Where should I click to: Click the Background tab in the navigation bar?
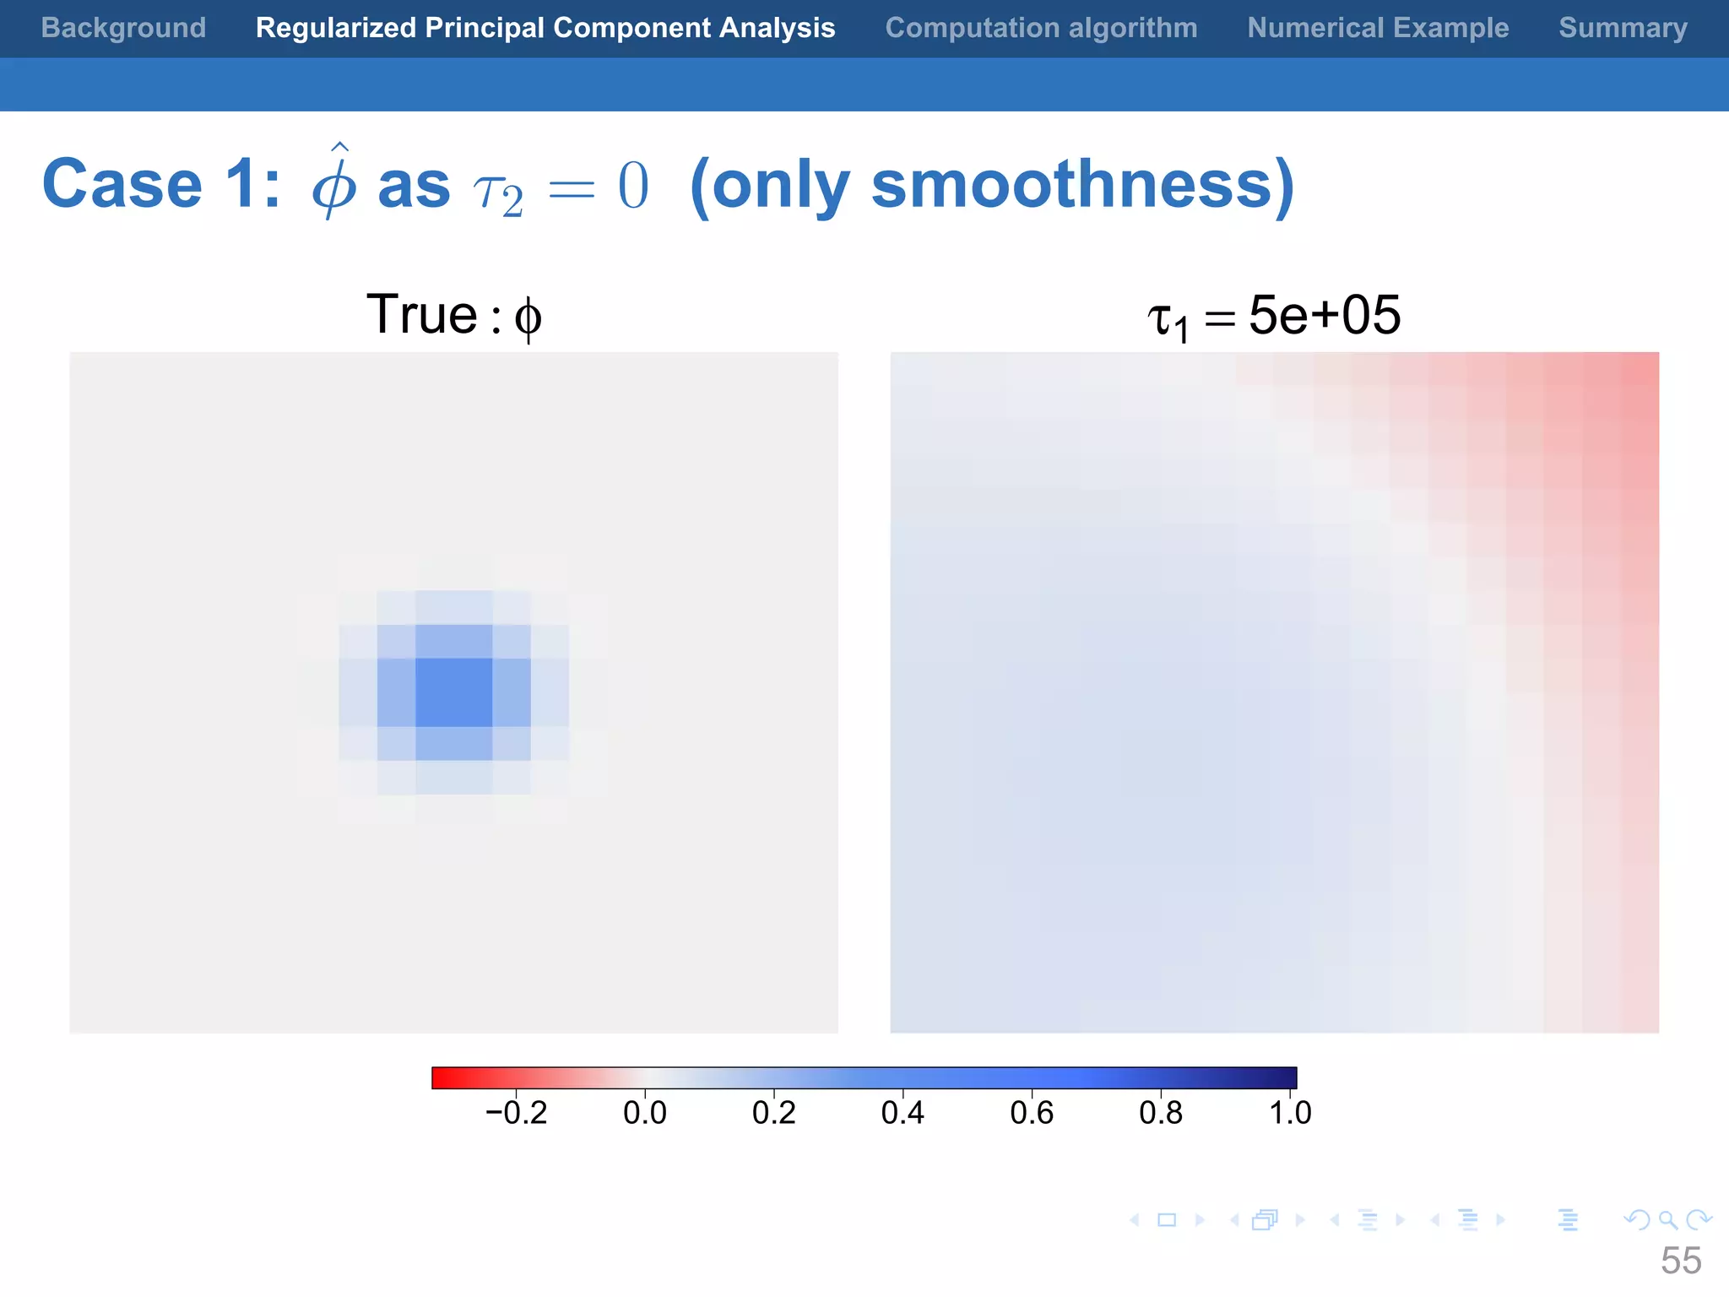point(123,28)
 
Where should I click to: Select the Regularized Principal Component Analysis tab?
point(545,28)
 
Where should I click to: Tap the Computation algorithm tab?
point(1041,28)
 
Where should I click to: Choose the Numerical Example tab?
point(1378,28)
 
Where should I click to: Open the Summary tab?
point(1623,28)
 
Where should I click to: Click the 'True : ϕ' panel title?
point(454,315)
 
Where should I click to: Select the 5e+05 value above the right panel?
point(1324,315)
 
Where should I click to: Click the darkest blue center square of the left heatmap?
point(454,692)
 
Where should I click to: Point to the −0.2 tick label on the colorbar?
point(516,1113)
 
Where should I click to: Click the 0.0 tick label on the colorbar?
point(645,1113)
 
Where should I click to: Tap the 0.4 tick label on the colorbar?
point(902,1113)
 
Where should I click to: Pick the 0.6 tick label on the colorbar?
point(1032,1113)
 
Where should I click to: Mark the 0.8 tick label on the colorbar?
point(1161,1113)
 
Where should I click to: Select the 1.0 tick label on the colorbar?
point(1290,1113)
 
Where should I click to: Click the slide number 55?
point(1680,1261)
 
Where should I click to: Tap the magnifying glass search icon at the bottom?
point(1667,1220)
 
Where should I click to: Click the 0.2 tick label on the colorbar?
point(773,1113)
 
